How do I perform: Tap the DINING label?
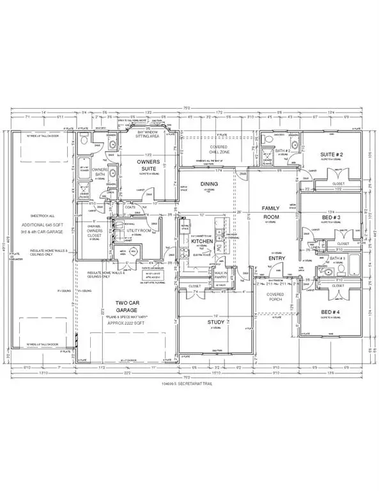(210, 184)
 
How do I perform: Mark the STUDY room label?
(216, 322)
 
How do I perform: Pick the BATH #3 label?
(338, 258)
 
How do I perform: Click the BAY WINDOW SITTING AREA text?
(151, 134)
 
